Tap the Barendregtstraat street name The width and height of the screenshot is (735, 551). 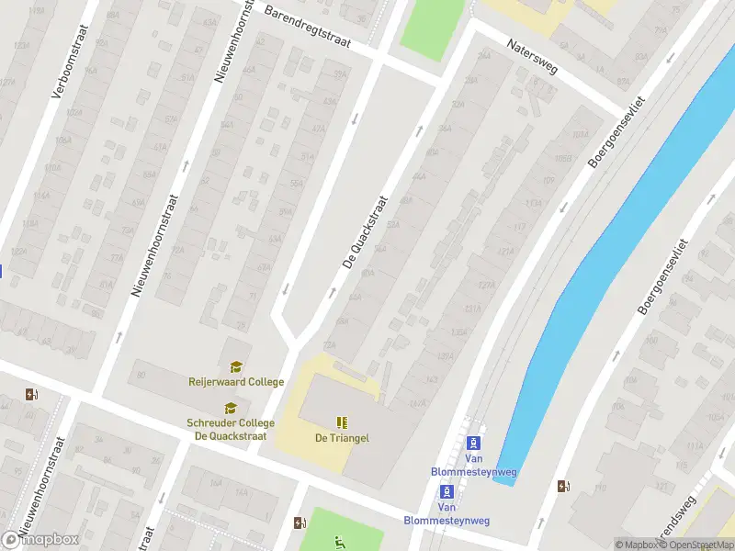pyautogui.click(x=320, y=26)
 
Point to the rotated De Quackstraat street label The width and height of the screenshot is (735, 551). pyautogui.click(x=366, y=233)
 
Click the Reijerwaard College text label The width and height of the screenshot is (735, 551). pyautogui.click(x=236, y=382)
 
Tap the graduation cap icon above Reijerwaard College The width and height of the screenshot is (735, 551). pyautogui.click(x=236, y=367)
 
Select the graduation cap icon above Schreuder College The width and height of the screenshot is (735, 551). pyautogui.click(x=230, y=409)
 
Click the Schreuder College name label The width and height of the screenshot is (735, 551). pyautogui.click(x=231, y=429)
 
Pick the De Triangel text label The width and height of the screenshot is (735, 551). pyautogui.click(x=342, y=438)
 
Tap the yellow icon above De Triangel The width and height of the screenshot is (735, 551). pyautogui.click(x=342, y=422)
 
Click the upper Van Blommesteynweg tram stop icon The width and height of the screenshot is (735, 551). pyautogui.click(x=475, y=443)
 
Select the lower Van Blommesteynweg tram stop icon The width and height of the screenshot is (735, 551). pyautogui.click(x=447, y=490)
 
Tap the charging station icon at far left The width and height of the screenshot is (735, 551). pyautogui.click(x=32, y=395)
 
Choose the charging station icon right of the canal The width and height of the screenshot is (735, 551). pyautogui.click(x=562, y=486)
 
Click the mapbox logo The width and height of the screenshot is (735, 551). pyautogui.click(x=40, y=539)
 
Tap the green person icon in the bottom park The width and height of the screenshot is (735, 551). pyautogui.click(x=340, y=542)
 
